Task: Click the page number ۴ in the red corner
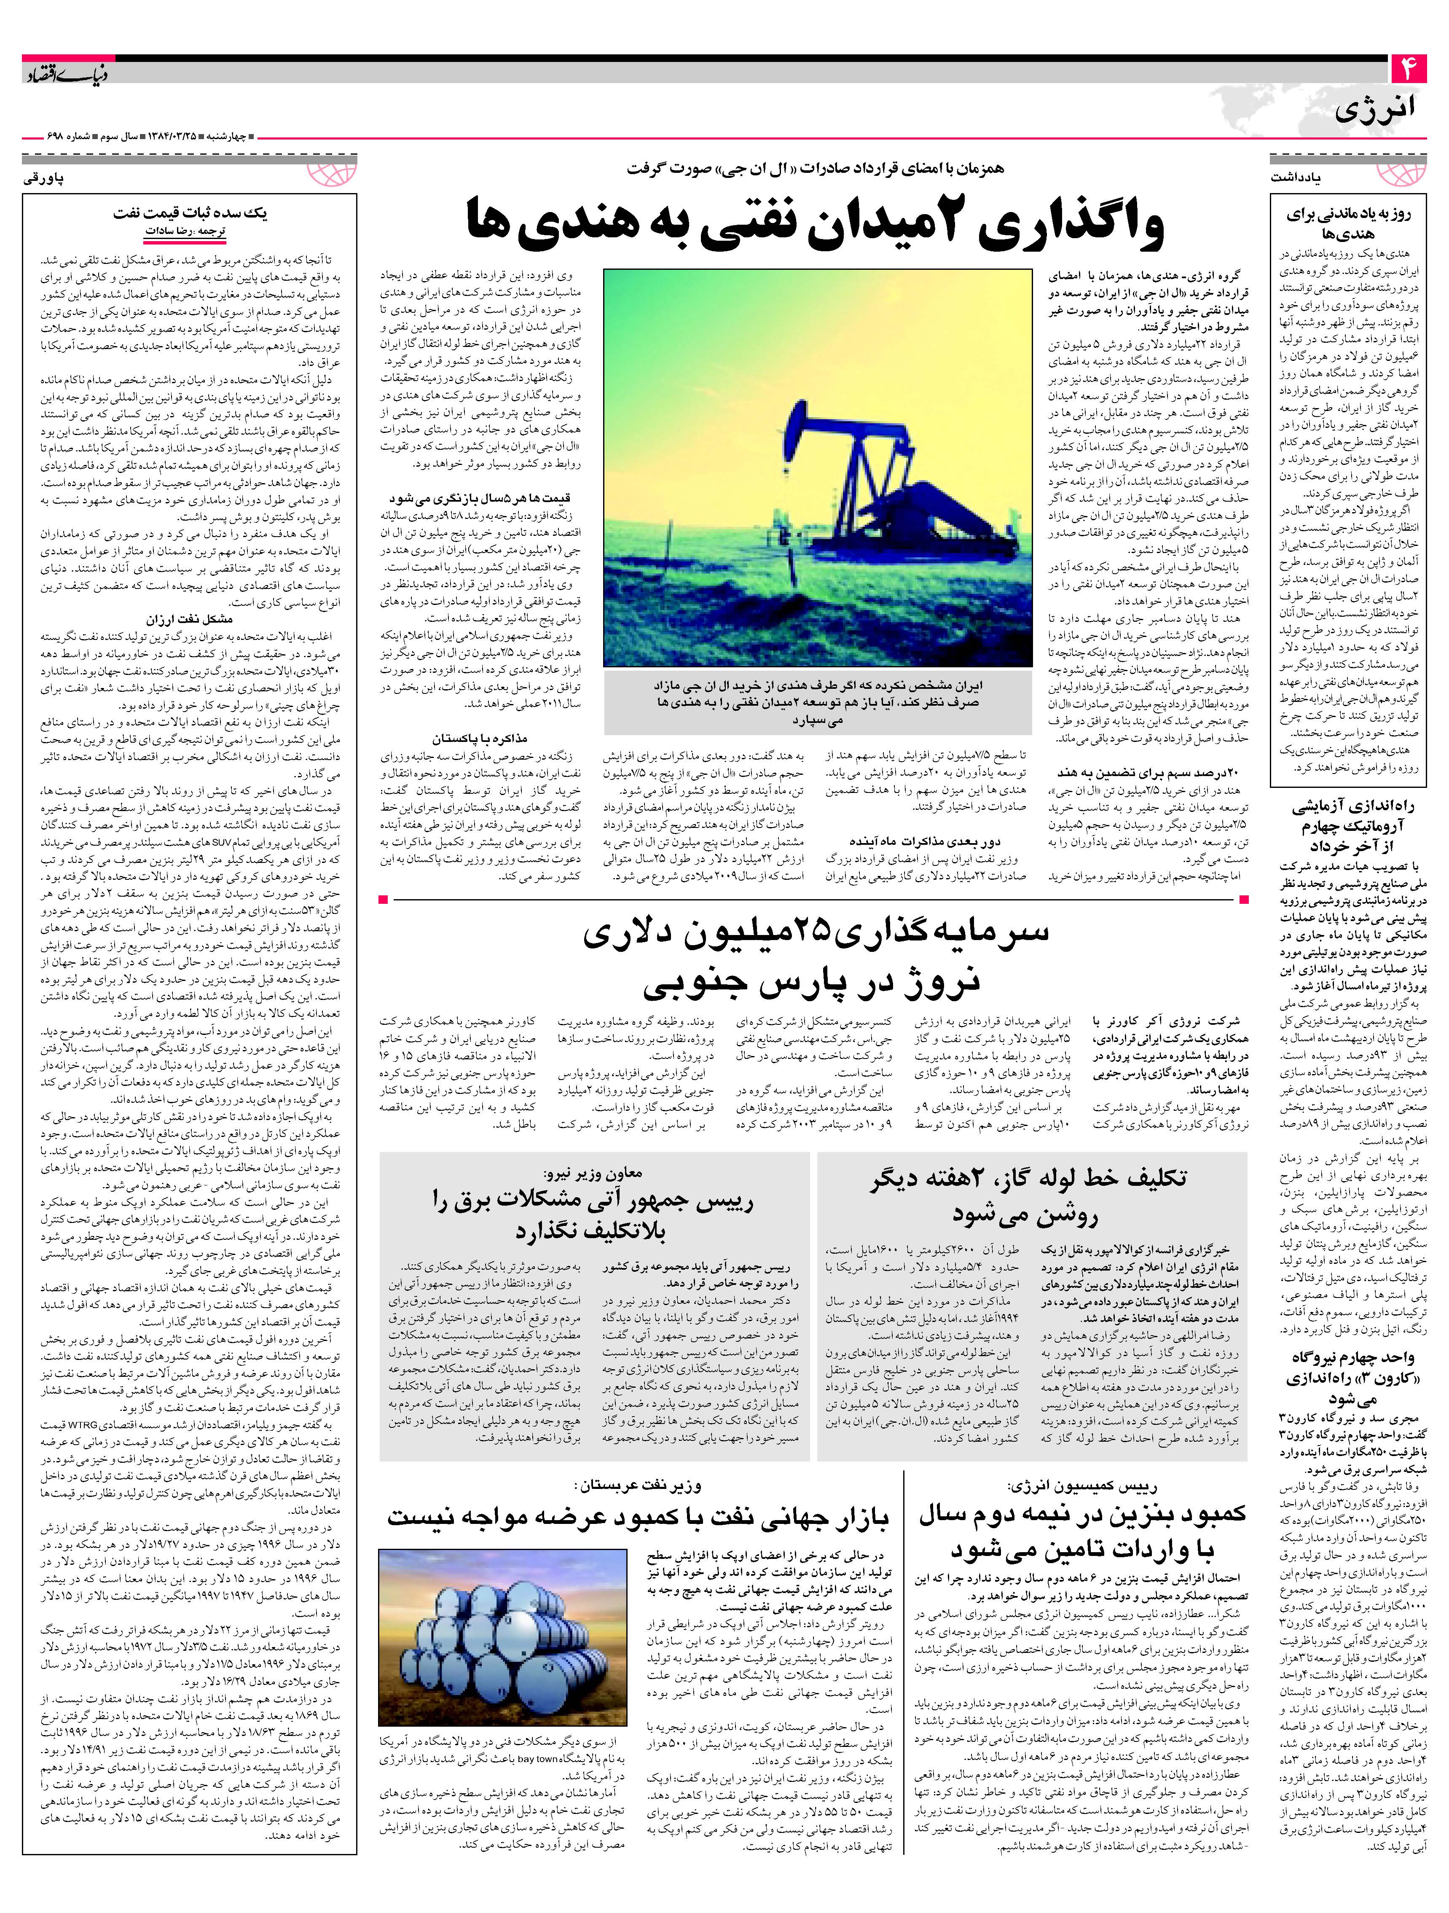point(1408,69)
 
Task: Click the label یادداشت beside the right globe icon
point(1297,178)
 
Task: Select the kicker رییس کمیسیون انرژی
point(1083,1486)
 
